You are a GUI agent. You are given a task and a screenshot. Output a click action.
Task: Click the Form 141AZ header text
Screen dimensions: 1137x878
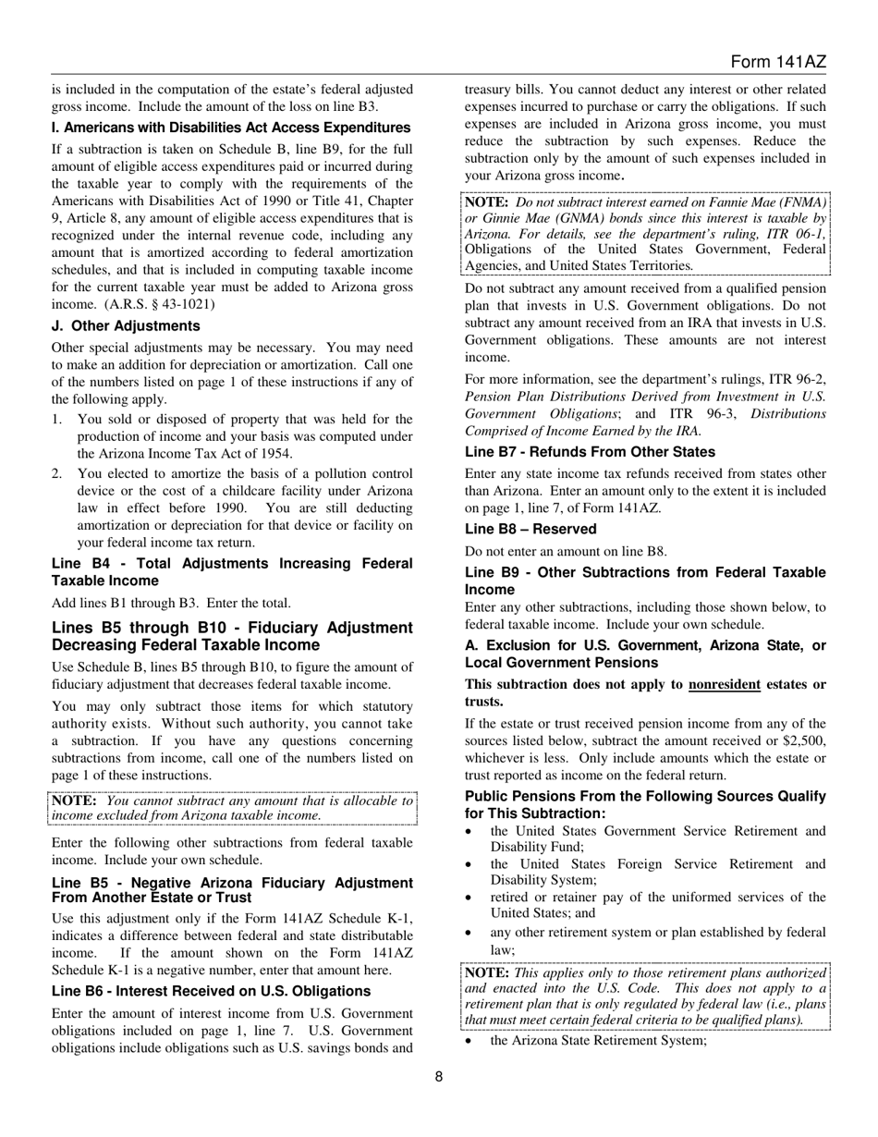pyautogui.click(x=777, y=62)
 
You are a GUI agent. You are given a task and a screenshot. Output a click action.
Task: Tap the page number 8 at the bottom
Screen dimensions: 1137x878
pyautogui.click(x=439, y=1075)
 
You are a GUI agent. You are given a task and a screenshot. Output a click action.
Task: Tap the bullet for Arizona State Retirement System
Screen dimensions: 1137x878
pyautogui.click(x=471, y=1041)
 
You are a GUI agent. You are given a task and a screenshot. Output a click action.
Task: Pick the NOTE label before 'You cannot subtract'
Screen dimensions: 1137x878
pyautogui.click(x=74, y=801)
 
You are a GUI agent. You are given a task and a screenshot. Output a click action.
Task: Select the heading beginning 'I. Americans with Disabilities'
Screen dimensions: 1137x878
pyautogui.click(x=231, y=128)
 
